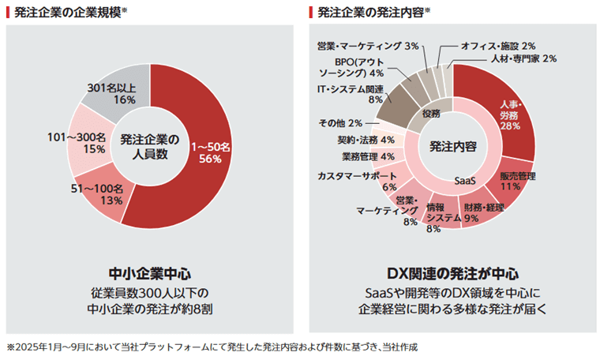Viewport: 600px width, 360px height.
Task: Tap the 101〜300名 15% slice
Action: point(88,143)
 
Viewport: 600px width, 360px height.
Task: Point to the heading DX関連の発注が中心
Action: point(452,274)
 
